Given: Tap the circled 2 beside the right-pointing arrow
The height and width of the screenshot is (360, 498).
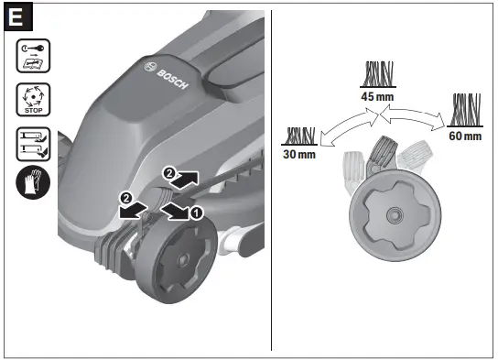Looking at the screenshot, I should (168, 172).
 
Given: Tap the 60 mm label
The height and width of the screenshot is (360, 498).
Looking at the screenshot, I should (466, 136).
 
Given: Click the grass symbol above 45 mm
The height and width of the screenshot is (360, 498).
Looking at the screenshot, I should (377, 73).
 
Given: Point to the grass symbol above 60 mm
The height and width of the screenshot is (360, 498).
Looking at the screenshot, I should (466, 111).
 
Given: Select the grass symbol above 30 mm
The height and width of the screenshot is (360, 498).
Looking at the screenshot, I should (300, 136).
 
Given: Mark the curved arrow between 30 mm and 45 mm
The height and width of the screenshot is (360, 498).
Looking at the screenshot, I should (342, 123).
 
